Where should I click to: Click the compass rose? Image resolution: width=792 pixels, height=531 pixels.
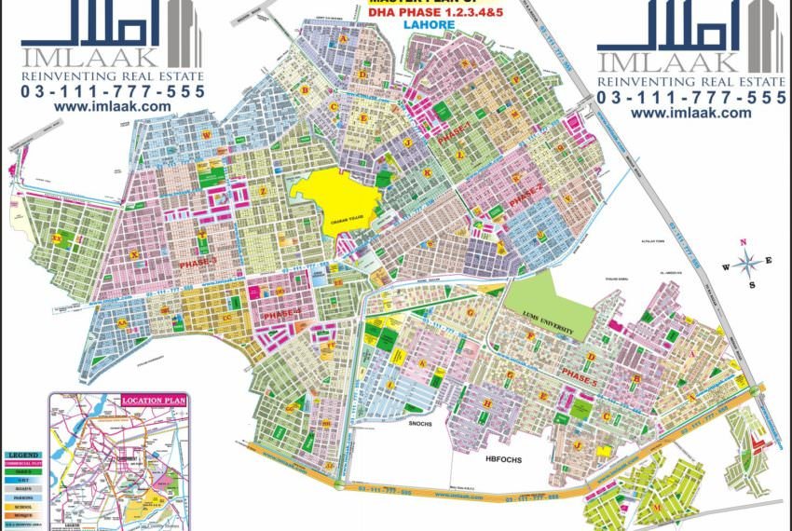744,263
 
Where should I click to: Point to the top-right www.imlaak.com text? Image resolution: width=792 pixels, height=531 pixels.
690,113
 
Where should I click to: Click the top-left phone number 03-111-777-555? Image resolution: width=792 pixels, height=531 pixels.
113,91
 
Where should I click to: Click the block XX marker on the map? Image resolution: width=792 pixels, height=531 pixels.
57,239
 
